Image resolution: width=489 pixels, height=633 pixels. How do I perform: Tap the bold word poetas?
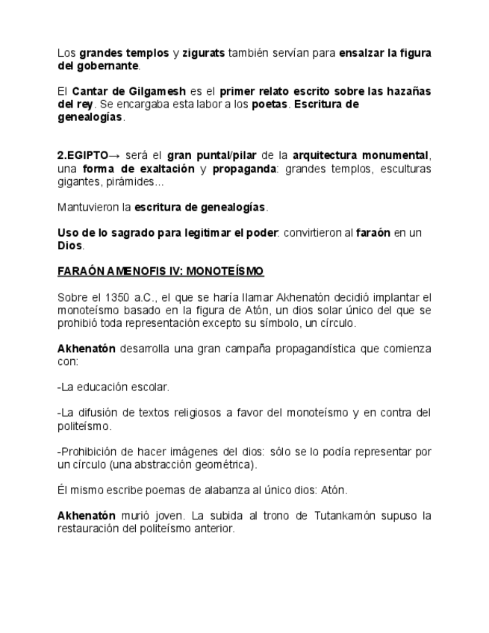click(270, 105)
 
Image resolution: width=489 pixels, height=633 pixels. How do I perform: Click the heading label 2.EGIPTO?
click(83, 155)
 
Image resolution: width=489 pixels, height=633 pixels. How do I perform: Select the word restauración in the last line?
click(88, 528)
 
